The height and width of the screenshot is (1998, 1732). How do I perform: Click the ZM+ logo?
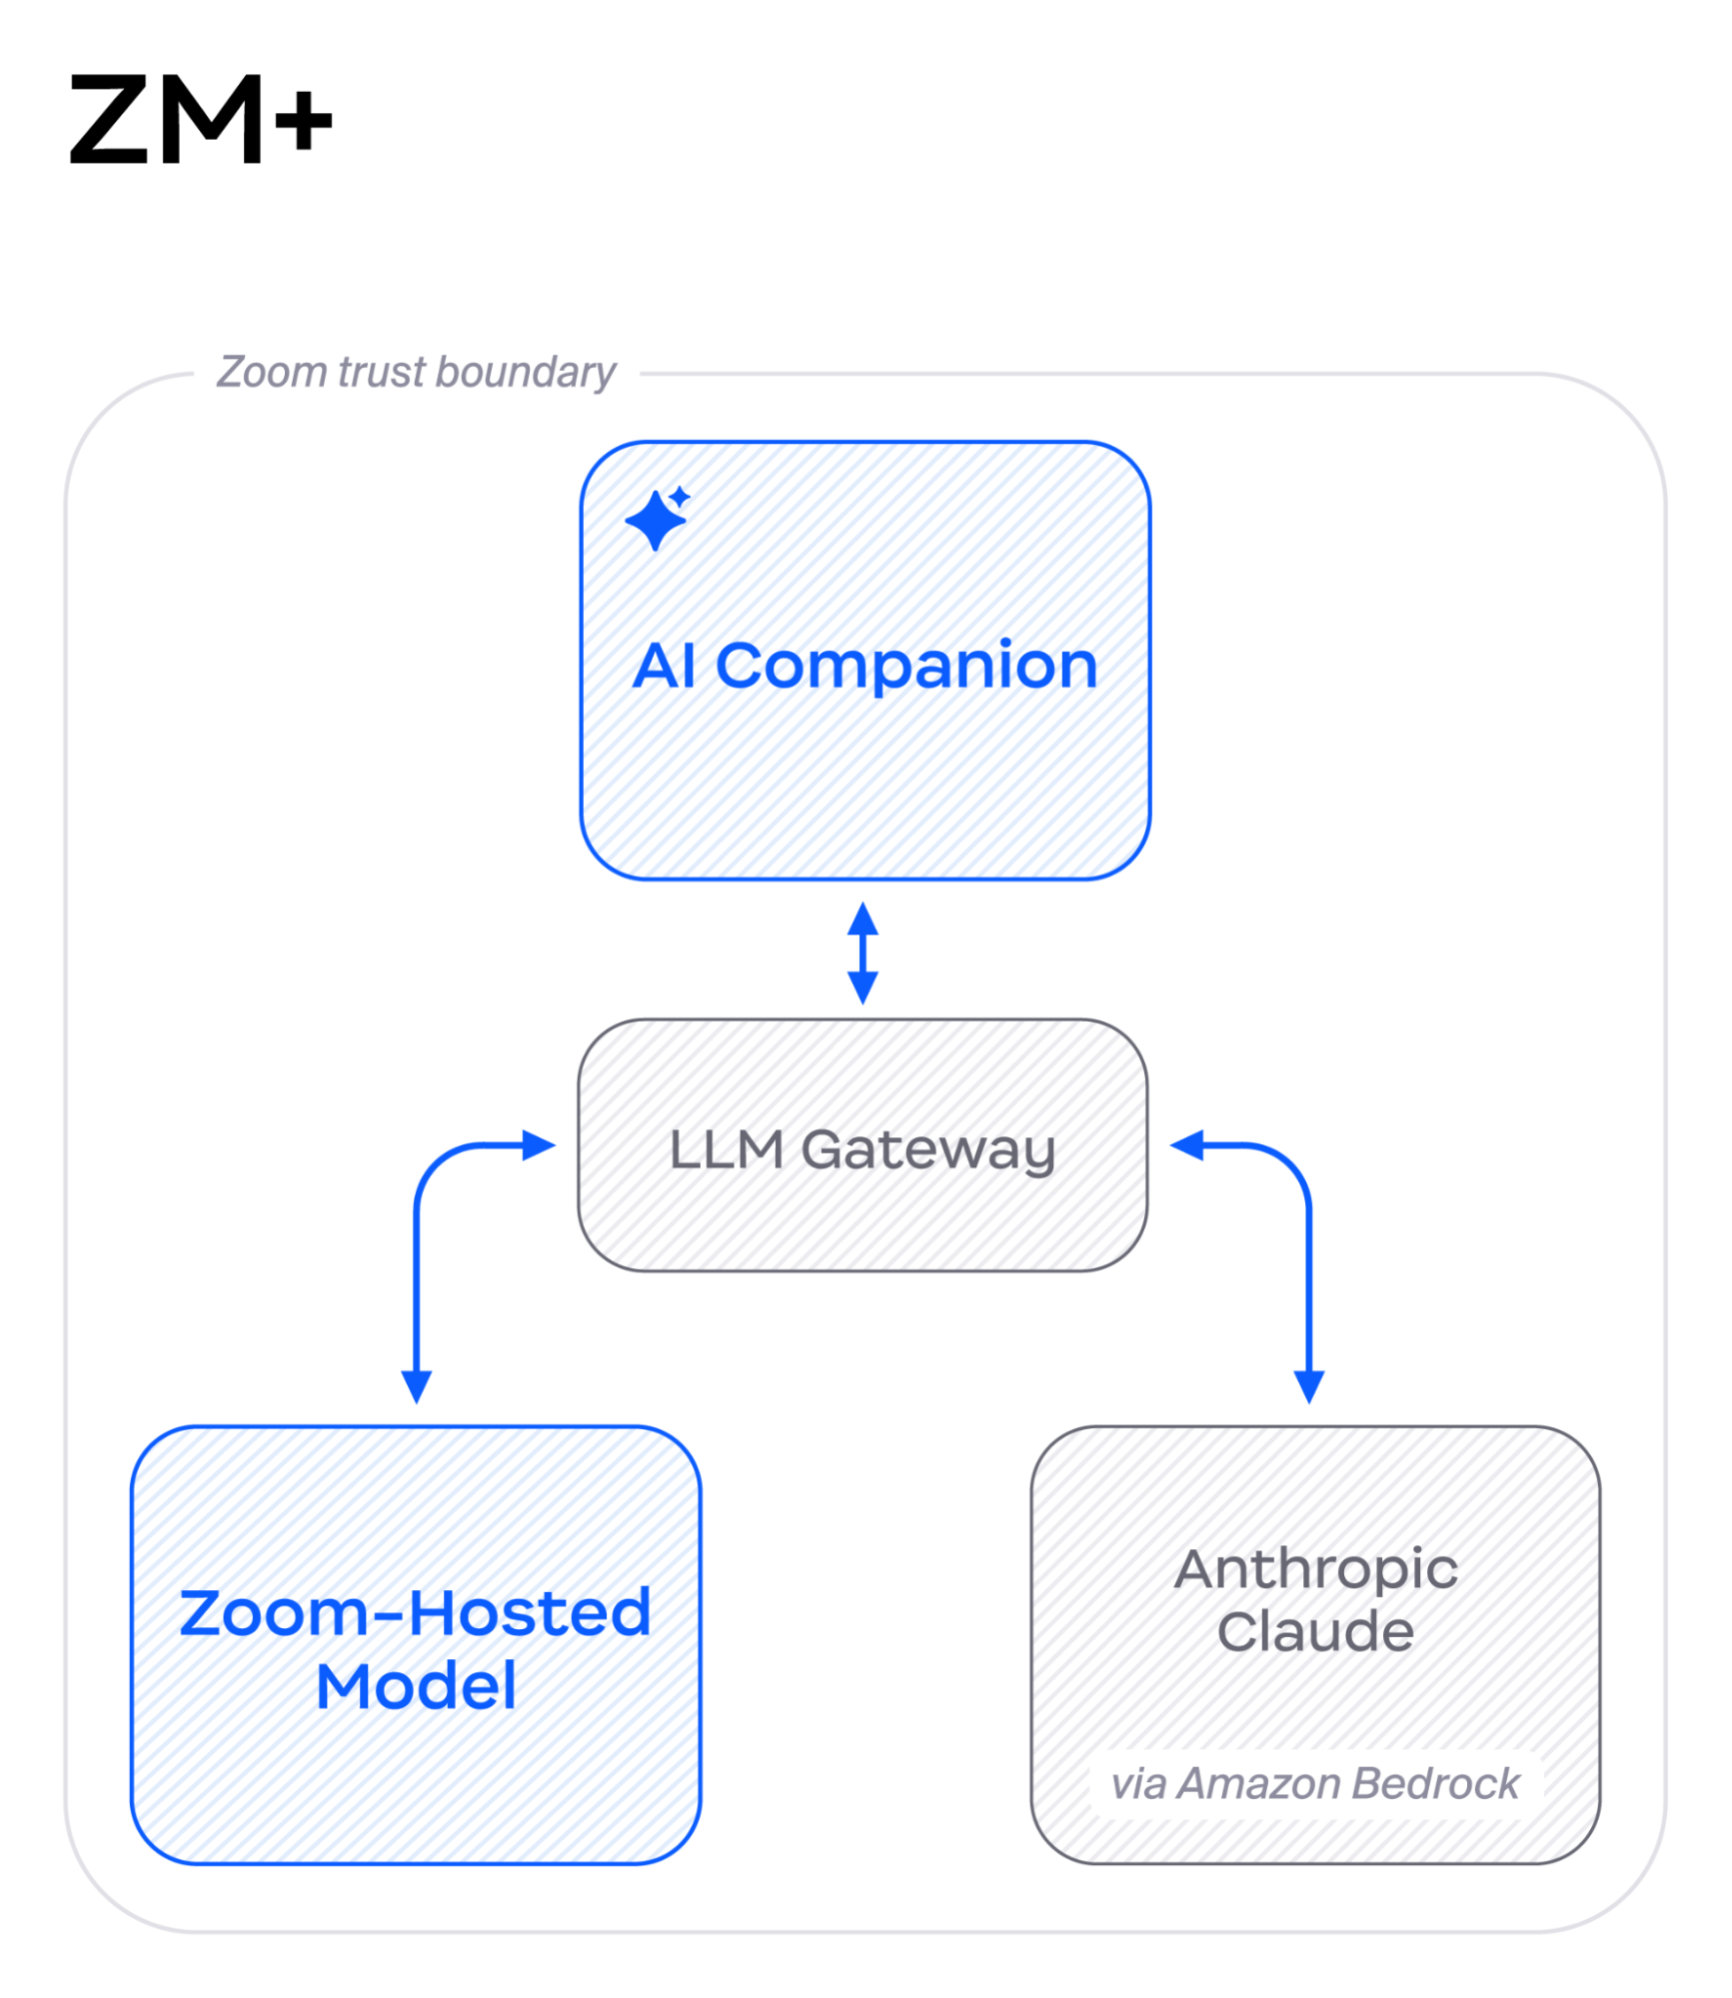pos(200,119)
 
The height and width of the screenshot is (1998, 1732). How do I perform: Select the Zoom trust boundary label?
pos(416,372)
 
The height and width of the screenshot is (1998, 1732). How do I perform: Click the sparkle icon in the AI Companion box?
pos(658,519)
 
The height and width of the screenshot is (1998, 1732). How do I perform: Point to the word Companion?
pos(906,666)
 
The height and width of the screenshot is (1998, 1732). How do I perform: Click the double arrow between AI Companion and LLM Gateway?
pos(863,953)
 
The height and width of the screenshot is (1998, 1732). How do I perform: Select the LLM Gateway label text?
pos(862,1148)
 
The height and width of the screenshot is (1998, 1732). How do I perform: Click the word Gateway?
pos(927,1149)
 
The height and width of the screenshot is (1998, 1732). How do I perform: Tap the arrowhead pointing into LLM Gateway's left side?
pos(540,1145)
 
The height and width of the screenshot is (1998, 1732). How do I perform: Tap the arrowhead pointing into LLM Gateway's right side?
pos(1186,1145)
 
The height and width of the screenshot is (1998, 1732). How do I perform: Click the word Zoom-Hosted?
pos(415,1613)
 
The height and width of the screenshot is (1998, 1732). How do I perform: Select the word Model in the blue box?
pos(416,1687)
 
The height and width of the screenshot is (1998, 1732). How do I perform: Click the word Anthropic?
pos(1315,1569)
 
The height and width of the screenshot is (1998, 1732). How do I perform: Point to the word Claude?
pos(1315,1632)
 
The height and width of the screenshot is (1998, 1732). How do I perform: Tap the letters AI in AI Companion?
pos(665,666)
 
